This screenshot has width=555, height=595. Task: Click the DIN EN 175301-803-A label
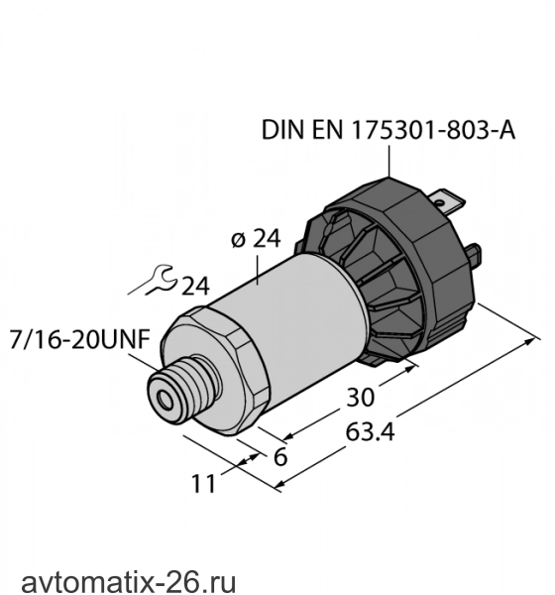click(388, 130)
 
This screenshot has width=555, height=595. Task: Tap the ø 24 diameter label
click(256, 239)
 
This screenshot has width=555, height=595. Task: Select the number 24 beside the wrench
click(195, 287)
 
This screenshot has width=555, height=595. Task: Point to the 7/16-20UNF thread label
click(80, 339)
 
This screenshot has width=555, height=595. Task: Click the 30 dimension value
click(360, 398)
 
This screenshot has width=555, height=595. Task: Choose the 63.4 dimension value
click(370, 431)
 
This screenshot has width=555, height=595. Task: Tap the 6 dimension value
click(280, 457)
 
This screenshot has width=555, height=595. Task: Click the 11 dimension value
click(203, 484)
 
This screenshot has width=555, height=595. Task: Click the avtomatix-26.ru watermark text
click(129, 581)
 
